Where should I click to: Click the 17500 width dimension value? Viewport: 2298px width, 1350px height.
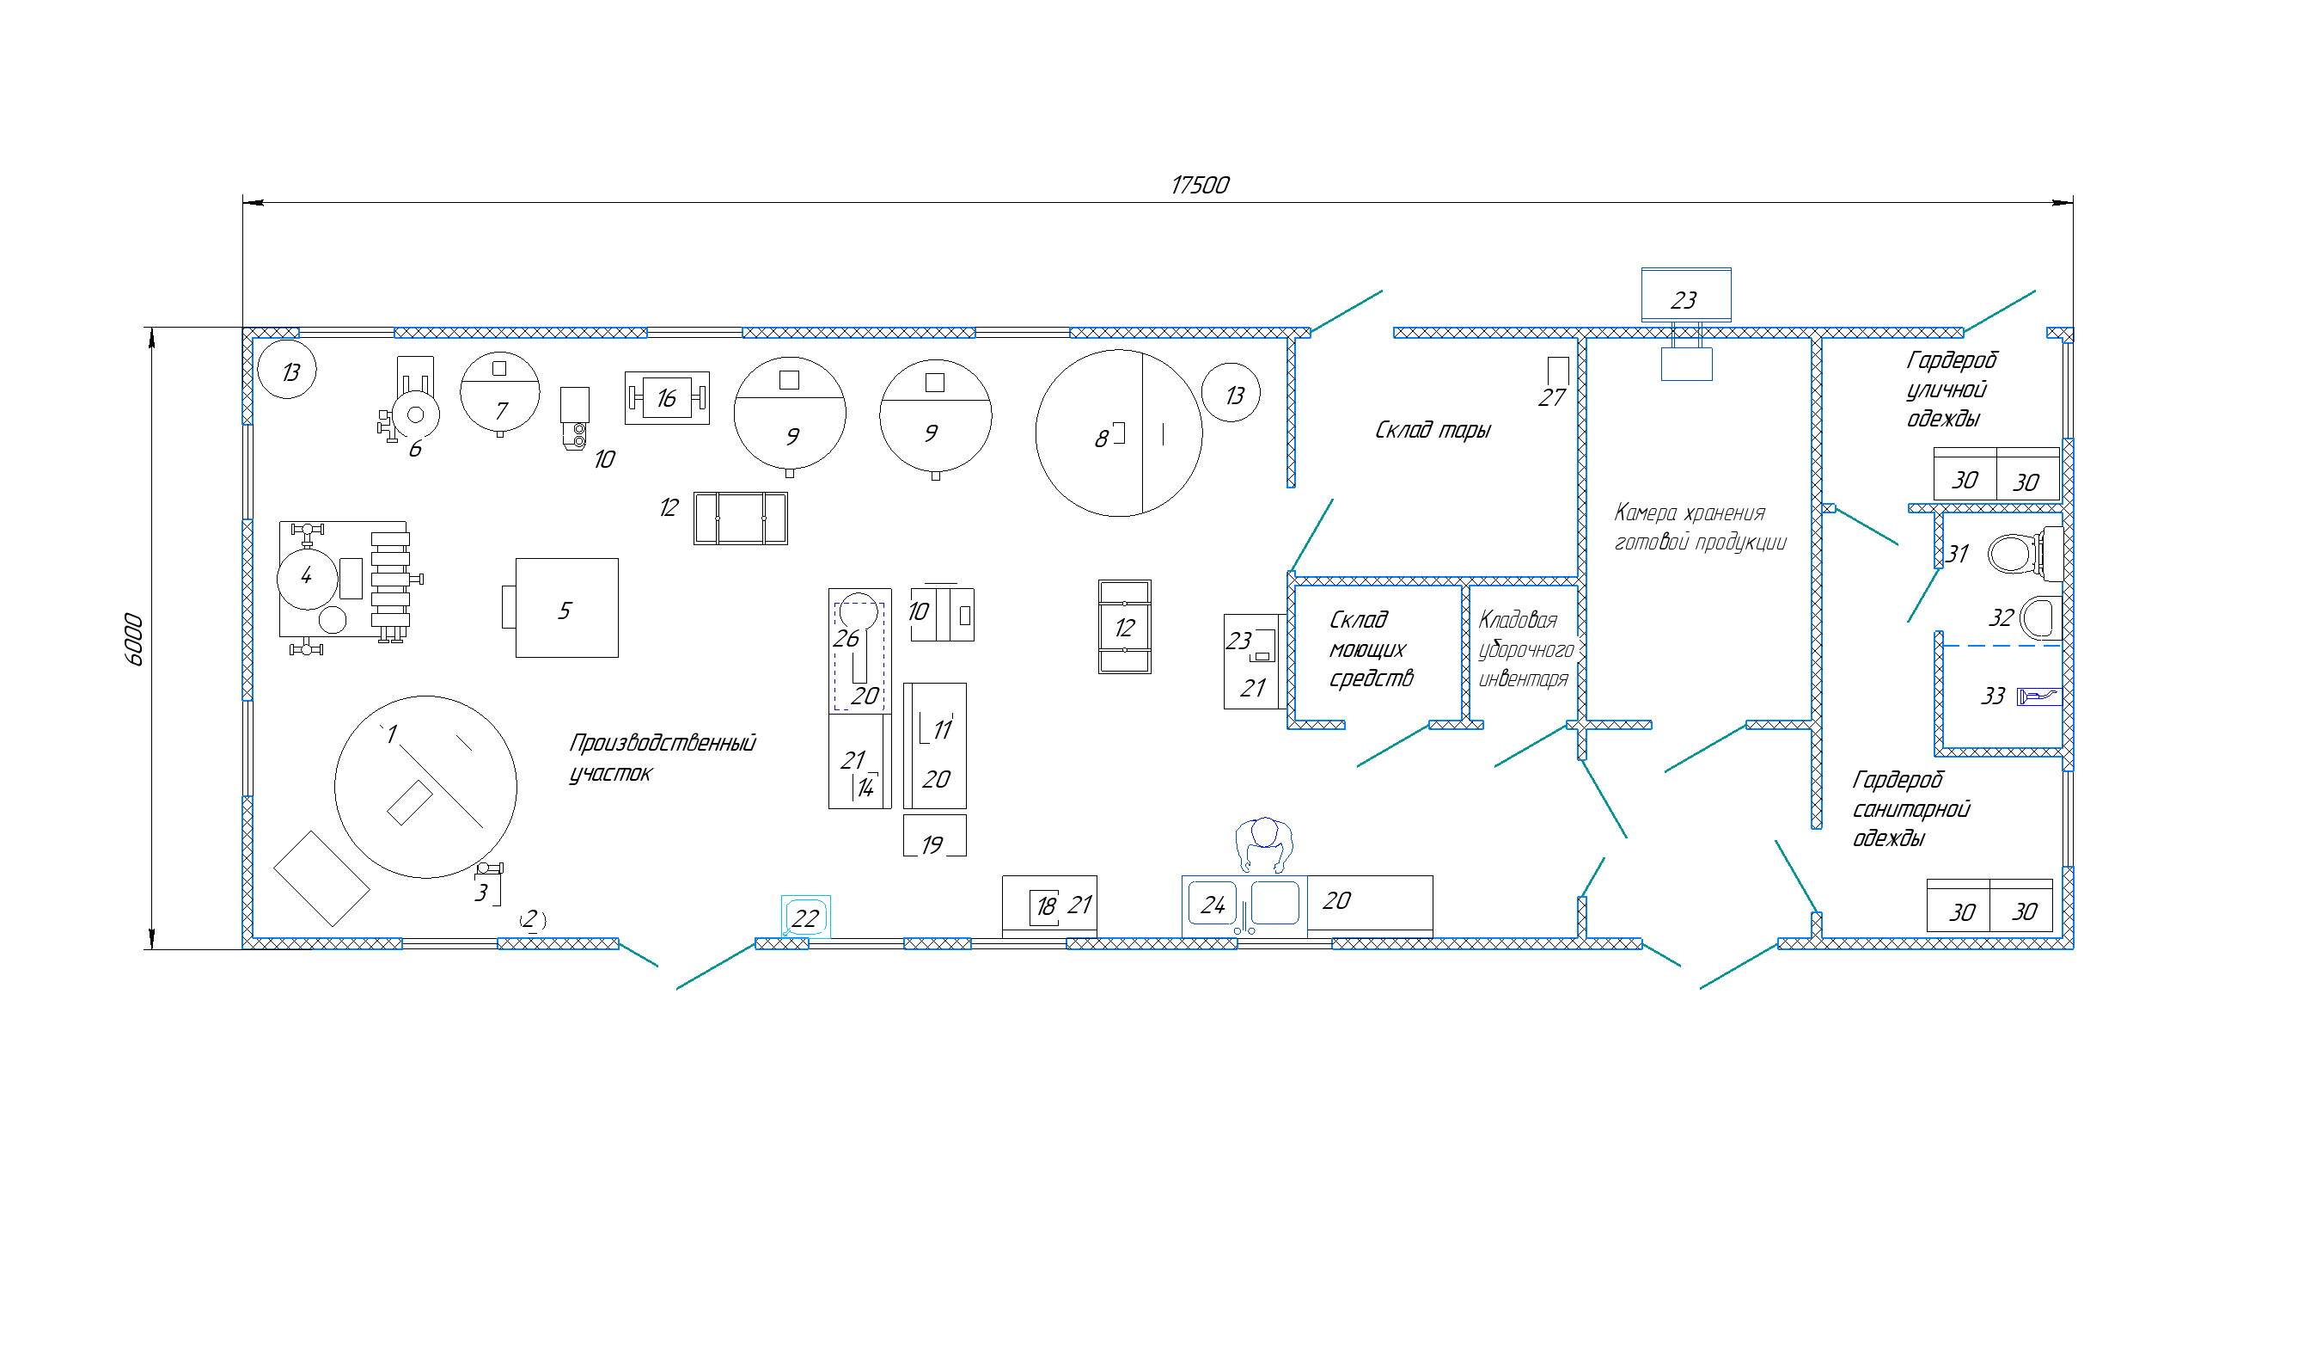[1199, 185]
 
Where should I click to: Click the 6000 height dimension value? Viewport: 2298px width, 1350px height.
[134, 639]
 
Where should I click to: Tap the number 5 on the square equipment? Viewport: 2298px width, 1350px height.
[565, 611]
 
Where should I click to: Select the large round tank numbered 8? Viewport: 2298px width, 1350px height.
[1119, 433]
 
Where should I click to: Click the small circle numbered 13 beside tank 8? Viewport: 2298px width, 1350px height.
[1231, 393]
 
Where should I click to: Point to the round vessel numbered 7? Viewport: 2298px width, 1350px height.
[499, 392]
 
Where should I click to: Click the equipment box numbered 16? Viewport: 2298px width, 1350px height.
[667, 398]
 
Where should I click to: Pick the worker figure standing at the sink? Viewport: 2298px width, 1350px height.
[1264, 844]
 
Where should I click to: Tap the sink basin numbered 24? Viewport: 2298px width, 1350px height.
[1212, 903]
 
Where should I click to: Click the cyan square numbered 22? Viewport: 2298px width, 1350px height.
[805, 917]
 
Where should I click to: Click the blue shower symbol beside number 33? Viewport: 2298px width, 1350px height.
[2038, 696]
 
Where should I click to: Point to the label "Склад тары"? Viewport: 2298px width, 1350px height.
[1433, 430]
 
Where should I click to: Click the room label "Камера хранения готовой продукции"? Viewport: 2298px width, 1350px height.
[1700, 527]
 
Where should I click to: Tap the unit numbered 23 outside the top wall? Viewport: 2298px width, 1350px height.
[1686, 294]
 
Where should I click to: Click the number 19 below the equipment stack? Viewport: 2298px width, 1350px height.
[932, 845]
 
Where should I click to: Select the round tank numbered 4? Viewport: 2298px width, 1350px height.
[308, 580]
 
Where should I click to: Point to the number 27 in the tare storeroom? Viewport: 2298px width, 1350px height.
[1552, 398]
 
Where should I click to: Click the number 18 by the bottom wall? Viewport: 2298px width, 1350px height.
[1046, 905]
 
